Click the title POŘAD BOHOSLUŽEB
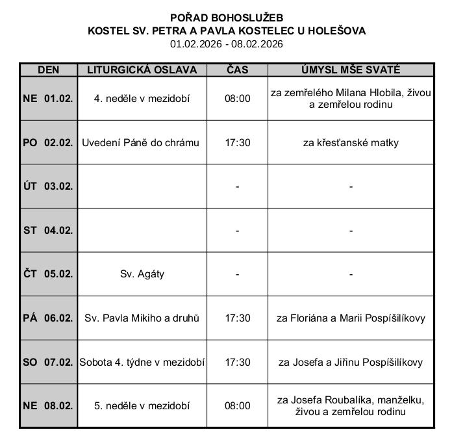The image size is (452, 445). (227, 18)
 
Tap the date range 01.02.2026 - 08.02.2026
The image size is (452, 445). (227, 44)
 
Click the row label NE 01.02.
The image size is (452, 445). (48, 99)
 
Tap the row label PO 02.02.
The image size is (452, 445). (48, 142)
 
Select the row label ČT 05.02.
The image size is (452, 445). (48, 274)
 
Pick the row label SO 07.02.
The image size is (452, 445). (48, 362)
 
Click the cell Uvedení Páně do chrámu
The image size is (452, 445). (140, 142)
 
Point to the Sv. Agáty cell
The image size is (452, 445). (142, 274)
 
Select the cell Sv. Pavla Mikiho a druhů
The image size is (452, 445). (142, 318)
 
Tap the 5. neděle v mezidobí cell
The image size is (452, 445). (142, 406)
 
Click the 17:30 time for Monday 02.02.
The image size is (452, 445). (237, 142)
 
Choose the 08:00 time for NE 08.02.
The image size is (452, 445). (237, 406)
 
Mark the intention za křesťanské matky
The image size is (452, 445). (351, 142)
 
